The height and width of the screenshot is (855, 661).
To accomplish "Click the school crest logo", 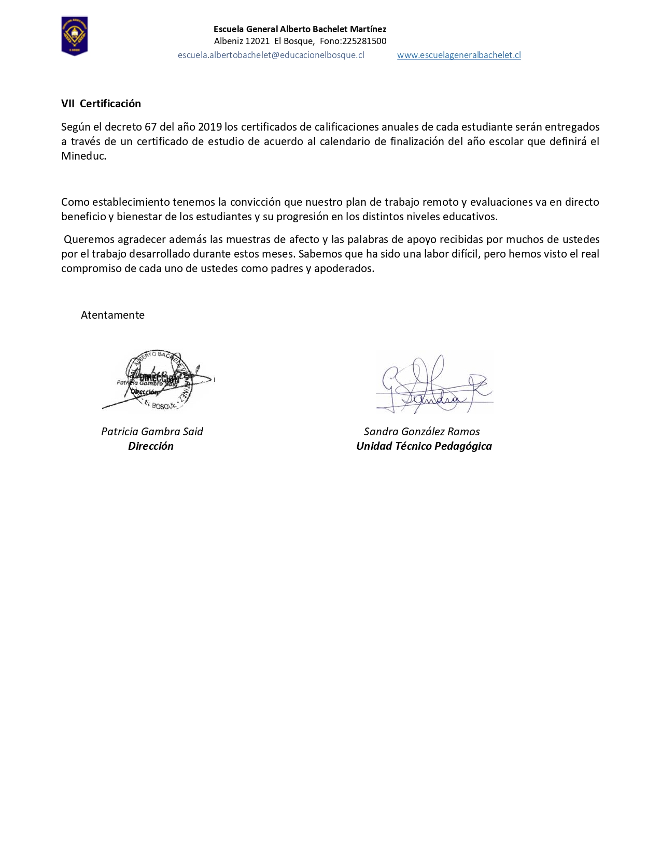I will click(75, 36).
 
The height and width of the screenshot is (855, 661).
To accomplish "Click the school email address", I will click(271, 55).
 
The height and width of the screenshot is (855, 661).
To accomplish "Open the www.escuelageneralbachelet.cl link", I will click(459, 55).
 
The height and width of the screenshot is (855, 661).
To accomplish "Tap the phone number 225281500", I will click(364, 41).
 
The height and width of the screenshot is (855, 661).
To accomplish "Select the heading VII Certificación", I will click(101, 104).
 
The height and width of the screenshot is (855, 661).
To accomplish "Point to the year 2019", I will click(210, 127).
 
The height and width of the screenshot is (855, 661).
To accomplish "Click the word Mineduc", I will click(83, 156).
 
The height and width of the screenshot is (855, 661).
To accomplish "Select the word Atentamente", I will click(112, 315).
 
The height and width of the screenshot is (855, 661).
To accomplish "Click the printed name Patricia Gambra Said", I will click(152, 432).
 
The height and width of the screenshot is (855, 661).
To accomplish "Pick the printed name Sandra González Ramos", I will click(421, 432).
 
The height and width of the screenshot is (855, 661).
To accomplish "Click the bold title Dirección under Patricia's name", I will click(151, 446).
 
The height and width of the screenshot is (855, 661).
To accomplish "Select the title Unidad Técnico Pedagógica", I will click(424, 446).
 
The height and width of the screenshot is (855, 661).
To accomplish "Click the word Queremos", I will click(88, 239).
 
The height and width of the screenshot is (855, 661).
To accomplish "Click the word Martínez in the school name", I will click(368, 29).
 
